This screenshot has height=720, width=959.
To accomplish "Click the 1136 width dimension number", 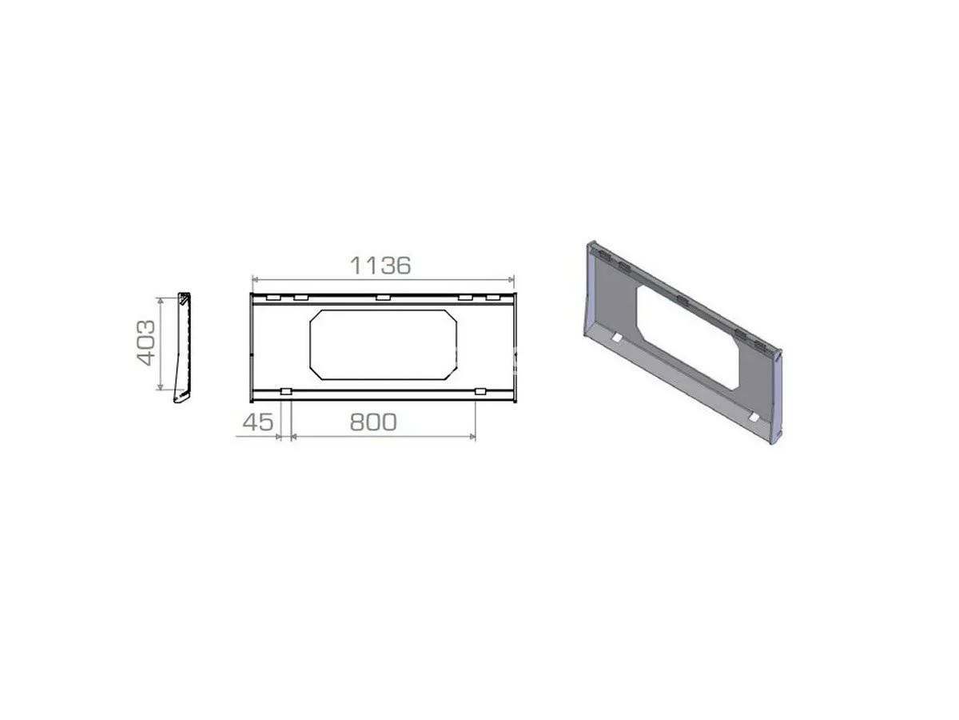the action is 380,266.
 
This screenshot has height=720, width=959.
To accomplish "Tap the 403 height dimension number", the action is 146,342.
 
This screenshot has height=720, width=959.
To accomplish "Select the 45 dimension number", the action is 258,422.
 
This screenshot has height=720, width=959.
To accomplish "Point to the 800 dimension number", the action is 373,422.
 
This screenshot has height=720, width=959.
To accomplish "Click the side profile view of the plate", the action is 183,347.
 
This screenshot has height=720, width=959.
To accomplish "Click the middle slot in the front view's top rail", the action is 383,298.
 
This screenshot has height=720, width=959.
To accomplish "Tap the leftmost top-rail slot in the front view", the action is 273,298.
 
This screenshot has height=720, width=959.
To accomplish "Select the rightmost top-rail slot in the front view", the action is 493,298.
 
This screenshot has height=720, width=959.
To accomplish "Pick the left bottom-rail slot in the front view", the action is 286,391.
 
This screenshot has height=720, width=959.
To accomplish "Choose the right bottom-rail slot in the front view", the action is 480,391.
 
